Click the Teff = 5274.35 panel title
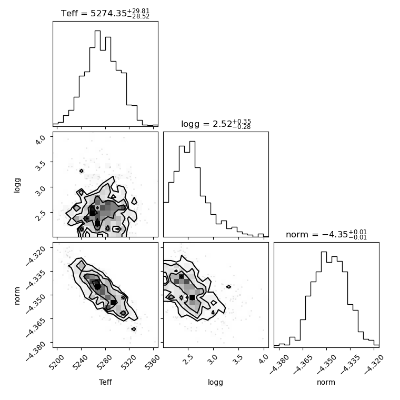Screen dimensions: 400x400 coord(105,13)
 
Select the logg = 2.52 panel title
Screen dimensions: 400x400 coord(216,124)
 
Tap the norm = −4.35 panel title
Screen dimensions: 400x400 coord(326,234)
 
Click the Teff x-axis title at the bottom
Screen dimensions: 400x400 coord(105,382)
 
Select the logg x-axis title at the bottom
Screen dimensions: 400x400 coord(216,383)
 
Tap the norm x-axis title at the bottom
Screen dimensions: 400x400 coord(326,382)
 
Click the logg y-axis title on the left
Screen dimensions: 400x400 coord(17,185)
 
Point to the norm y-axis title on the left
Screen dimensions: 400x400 coord(17,296)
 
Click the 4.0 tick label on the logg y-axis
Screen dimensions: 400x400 coord(41,139)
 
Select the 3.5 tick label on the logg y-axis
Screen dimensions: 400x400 coord(41,165)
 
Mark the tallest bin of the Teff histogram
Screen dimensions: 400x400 coord(97,78)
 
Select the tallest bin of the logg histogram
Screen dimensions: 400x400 coord(192,189)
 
